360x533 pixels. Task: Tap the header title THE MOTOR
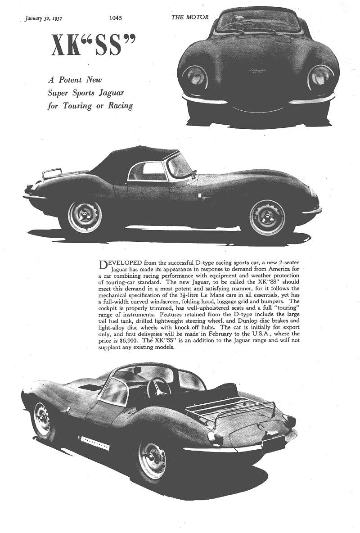click(189, 18)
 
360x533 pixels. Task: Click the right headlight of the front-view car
click(321, 77)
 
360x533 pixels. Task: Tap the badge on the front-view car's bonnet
click(257, 71)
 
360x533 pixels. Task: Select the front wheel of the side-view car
click(267, 217)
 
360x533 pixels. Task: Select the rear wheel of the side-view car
click(85, 217)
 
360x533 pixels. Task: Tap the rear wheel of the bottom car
click(152, 459)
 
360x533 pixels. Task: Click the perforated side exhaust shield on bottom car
click(94, 443)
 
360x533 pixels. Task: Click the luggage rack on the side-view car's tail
click(52, 173)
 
